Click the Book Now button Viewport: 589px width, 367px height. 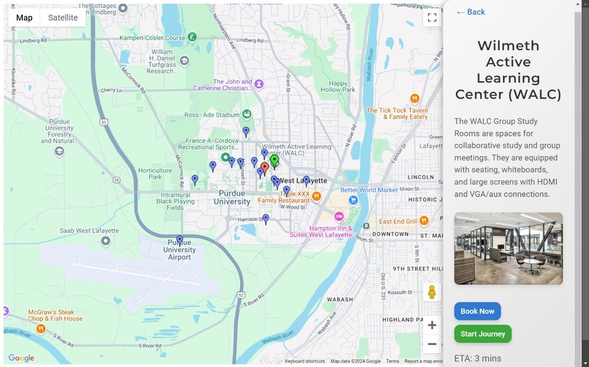point(477,312)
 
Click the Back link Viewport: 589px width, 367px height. point(471,12)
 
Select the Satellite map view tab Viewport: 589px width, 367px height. point(63,18)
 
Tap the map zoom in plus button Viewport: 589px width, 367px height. point(432,325)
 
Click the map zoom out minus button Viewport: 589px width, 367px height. point(432,344)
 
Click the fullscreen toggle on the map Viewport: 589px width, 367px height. point(432,18)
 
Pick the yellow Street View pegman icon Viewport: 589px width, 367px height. point(432,293)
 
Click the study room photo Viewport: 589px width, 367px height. point(508,249)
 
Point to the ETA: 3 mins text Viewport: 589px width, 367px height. point(477,358)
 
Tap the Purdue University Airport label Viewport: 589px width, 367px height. point(180,250)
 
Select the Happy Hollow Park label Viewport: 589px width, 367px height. point(337,86)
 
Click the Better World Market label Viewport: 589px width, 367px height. point(369,190)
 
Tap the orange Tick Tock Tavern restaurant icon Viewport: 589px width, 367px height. point(414,98)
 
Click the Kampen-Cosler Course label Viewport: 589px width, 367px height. point(153,37)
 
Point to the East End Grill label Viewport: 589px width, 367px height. point(398,221)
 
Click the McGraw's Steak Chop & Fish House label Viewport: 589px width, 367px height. point(56,315)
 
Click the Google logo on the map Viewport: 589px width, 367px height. point(21,358)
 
